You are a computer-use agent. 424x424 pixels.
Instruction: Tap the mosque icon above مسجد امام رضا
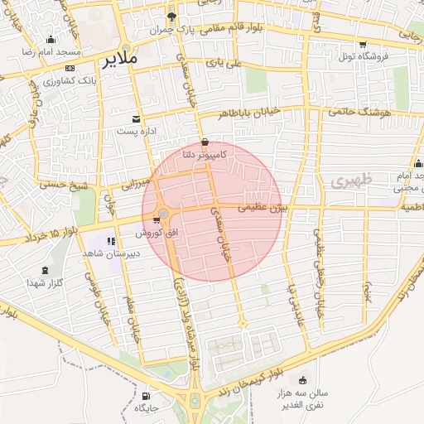pyautogui.click(x=51, y=40)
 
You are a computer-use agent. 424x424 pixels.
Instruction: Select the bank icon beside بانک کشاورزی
pyautogui.click(x=69, y=69)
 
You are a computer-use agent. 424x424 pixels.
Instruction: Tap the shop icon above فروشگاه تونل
pyautogui.click(x=363, y=45)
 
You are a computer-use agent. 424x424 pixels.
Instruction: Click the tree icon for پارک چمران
pyautogui.click(x=171, y=17)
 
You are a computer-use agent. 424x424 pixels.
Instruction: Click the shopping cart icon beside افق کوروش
pyautogui.click(x=157, y=220)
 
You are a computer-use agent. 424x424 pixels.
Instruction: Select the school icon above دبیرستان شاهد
pyautogui.click(x=112, y=241)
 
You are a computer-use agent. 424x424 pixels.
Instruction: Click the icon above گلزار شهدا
pyautogui.click(x=45, y=270)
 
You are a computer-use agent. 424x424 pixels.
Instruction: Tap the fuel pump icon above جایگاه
pyautogui.click(x=147, y=395)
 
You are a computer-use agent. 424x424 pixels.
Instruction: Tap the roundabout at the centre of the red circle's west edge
pyautogui.click(x=164, y=216)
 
